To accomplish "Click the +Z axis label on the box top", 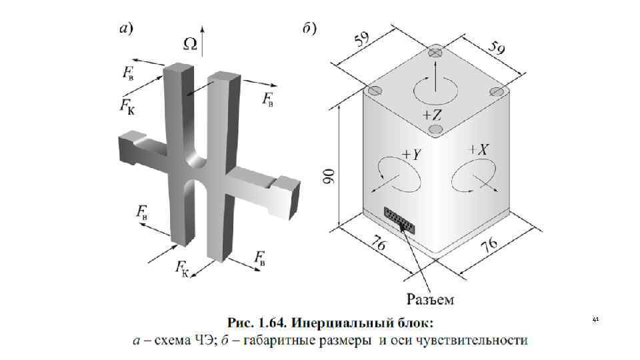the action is tap(434, 114).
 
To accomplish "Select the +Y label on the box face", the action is tap(411, 154).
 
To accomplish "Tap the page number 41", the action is tap(595, 321).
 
